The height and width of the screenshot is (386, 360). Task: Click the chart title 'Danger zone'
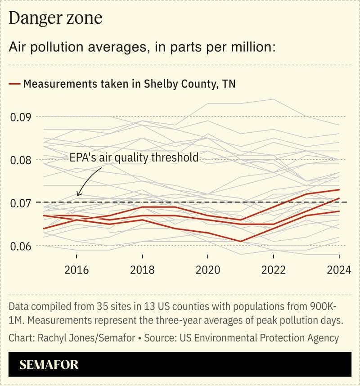coord(56,18)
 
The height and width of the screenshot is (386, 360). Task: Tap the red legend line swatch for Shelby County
coord(14,84)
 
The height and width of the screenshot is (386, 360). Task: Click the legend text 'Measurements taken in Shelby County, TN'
coord(130,84)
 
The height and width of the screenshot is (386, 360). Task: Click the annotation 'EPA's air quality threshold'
coord(134,157)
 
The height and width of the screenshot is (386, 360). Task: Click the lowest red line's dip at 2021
coord(241,242)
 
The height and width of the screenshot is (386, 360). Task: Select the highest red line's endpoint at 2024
coord(339,190)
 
